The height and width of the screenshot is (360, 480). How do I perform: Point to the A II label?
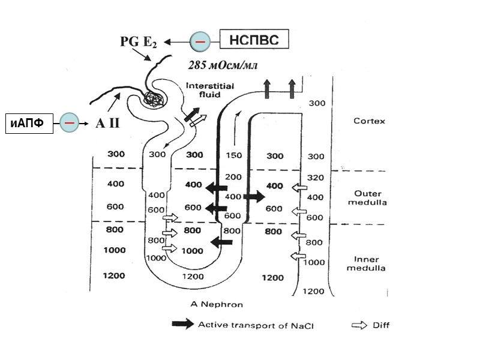(107, 123)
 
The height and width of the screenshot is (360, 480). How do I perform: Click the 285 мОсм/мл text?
(223, 64)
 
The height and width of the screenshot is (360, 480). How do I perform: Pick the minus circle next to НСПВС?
(200, 41)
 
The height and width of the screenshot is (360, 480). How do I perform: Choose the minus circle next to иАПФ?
(70, 122)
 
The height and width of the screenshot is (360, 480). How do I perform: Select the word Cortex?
(370, 120)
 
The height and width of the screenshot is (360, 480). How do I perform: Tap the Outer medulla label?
(370, 198)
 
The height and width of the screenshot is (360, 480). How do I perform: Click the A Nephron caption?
(217, 304)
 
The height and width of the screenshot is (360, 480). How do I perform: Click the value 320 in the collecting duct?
(315, 178)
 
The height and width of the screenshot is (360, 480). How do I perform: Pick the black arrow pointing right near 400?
(253, 196)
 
